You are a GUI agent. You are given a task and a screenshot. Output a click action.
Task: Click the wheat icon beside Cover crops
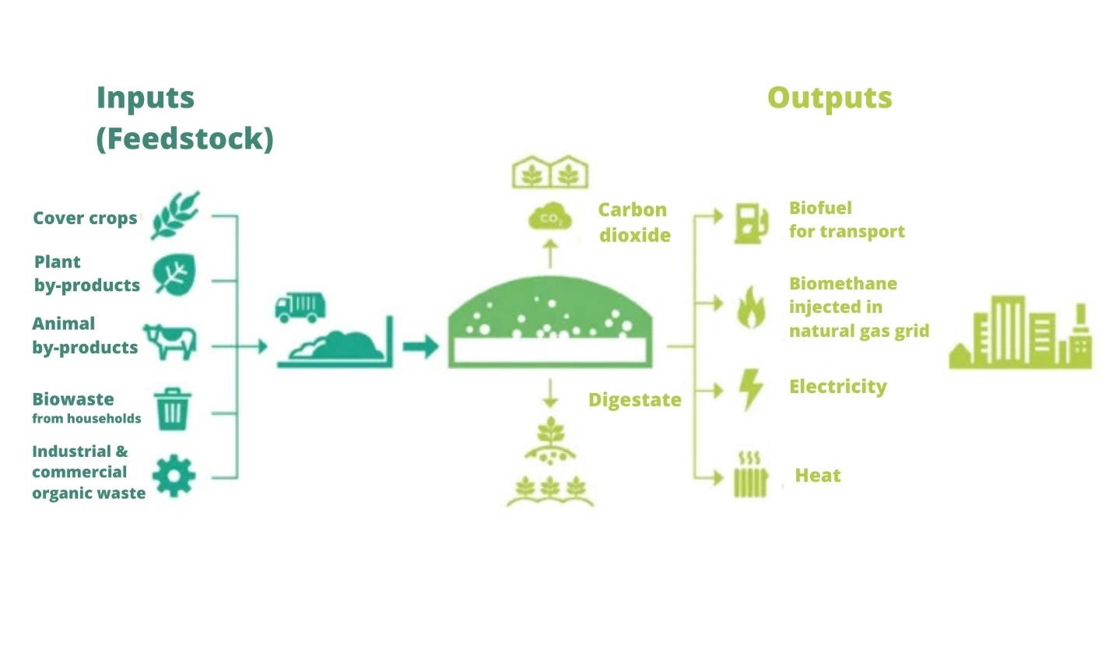(x=175, y=215)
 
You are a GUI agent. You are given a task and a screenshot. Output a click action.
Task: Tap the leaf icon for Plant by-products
(x=174, y=275)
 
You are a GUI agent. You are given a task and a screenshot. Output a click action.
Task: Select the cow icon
(x=170, y=342)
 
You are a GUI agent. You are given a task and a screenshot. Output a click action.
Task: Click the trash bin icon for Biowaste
(x=172, y=409)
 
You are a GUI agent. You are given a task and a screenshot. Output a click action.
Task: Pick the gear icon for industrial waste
(x=174, y=476)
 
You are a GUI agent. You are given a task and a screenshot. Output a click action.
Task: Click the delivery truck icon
(x=300, y=307)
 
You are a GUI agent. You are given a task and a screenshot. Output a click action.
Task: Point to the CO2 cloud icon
(x=550, y=217)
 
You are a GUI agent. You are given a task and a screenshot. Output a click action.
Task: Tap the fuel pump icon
(x=751, y=223)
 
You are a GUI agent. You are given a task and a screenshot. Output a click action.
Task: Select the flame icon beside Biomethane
(x=751, y=307)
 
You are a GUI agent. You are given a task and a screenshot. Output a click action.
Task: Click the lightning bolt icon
(x=751, y=389)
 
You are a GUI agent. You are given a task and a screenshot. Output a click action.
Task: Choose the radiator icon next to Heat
(x=750, y=474)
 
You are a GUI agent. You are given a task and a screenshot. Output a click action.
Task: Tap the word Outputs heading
(x=830, y=98)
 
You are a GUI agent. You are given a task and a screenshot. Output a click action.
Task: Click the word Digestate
(x=634, y=400)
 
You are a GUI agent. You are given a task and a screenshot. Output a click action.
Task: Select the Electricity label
(x=837, y=387)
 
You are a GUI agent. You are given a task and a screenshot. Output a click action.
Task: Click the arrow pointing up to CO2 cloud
(x=550, y=254)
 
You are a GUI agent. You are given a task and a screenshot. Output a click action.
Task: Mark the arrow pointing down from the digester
(x=550, y=393)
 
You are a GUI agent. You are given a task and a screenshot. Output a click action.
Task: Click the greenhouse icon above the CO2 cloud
(x=550, y=172)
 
